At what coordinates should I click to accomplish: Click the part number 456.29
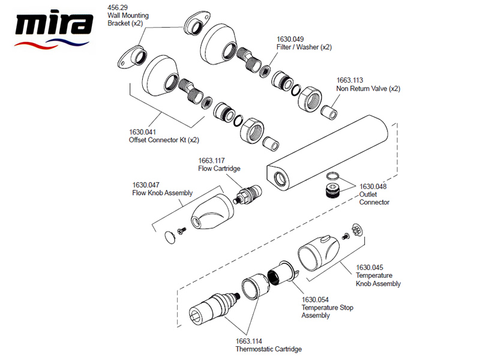point(116,8)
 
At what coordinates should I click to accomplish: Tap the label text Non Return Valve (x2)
point(368,88)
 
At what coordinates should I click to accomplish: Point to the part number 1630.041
point(142,132)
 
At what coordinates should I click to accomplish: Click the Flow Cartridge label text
point(219,169)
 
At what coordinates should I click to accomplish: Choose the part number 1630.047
point(146,185)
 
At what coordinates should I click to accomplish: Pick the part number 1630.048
point(373,187)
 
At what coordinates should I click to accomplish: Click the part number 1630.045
point(370,268)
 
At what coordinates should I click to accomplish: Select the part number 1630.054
point(315,300)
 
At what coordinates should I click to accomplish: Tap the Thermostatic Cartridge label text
point(268,349)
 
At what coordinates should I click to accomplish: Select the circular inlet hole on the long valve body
point(280,177)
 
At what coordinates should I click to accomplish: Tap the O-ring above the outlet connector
point(332,176)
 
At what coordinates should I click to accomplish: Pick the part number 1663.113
point(349,80)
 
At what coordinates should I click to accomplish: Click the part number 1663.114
point(248,341)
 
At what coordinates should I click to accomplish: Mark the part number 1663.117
point(211,160)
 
